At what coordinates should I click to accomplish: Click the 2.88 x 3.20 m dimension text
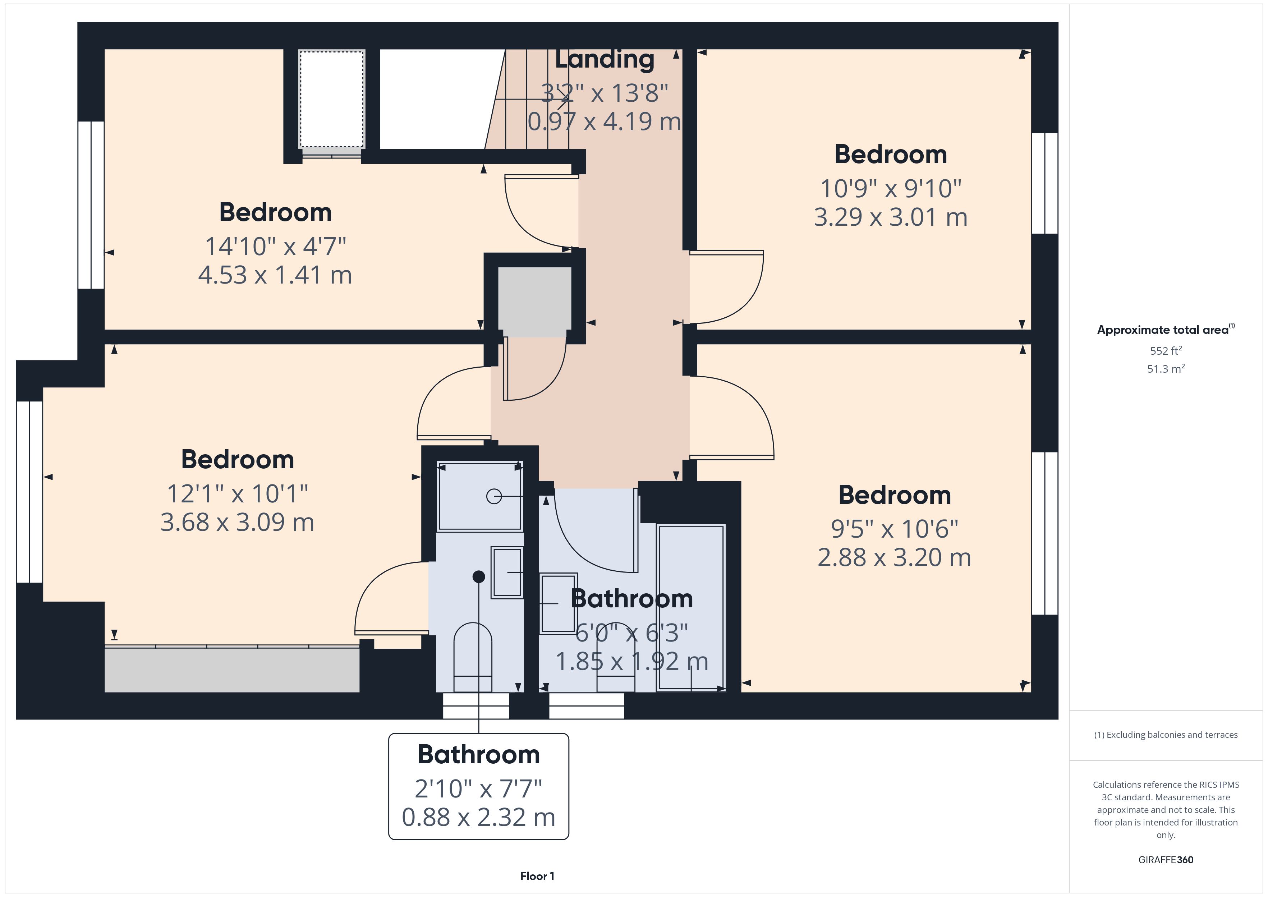tap(894, 557)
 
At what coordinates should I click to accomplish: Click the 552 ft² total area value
tap(1166, 351)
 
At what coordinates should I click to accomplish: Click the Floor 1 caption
tap(537, 876)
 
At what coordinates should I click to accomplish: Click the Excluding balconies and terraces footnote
tap(1166, 735)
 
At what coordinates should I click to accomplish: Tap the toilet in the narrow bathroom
tap(473, 657)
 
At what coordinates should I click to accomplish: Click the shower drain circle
tap(494, 497)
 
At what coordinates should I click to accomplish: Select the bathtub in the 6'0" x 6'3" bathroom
tap(691, 608)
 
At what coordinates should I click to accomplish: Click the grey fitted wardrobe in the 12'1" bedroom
tap(232, 670)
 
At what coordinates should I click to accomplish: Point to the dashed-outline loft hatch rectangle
tap(332, 100)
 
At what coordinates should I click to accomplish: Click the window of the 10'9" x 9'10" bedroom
tap(1045, 183)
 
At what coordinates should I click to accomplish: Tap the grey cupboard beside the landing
tap(534, 302)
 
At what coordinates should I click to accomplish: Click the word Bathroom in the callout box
tap(478, 754)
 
